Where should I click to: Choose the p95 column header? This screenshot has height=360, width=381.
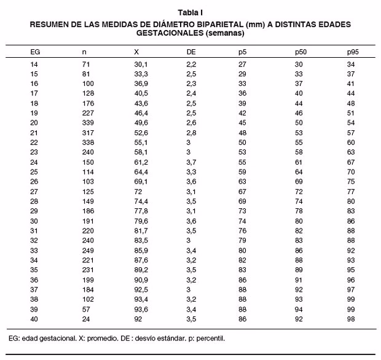tap(353, 52)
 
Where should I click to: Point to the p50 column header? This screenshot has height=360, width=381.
tap(301, 52)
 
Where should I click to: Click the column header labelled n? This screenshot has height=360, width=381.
tap(84, 52)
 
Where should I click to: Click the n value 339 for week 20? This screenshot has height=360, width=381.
tap(87, 123)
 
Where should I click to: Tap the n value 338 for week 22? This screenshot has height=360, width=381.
tap(87, 143)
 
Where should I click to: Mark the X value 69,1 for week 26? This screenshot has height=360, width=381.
tap(141, 182)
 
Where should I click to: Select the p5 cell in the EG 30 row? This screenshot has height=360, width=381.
tap(242, 221)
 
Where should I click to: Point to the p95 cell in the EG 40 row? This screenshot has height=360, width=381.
tap(351, 319)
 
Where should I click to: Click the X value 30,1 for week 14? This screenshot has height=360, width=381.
tap(141, 64)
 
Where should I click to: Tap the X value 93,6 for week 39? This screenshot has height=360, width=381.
tap(141, 310)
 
